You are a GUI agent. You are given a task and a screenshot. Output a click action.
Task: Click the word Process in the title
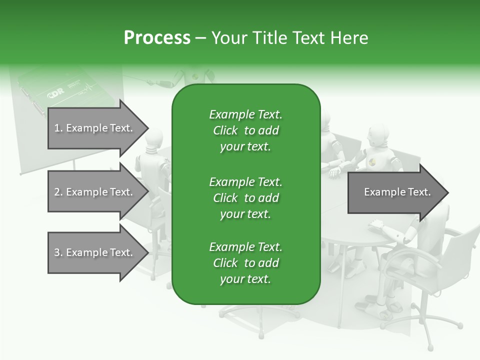coord(157,38)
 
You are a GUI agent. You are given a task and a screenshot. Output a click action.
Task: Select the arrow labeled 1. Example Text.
coord(95,128)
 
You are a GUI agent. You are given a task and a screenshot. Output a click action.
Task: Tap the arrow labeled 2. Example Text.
coord(95,192)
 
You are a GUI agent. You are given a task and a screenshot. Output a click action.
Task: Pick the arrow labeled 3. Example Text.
coord(95,252)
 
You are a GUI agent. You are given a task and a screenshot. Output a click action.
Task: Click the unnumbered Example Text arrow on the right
coord(397,192)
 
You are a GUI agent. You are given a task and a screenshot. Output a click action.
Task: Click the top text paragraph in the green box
coord(245,130)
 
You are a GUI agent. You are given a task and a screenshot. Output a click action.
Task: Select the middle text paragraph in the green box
coord(245,198)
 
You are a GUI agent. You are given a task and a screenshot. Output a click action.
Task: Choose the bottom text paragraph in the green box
coord(245,263)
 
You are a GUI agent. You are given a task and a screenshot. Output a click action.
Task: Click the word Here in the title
coord(349,38)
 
